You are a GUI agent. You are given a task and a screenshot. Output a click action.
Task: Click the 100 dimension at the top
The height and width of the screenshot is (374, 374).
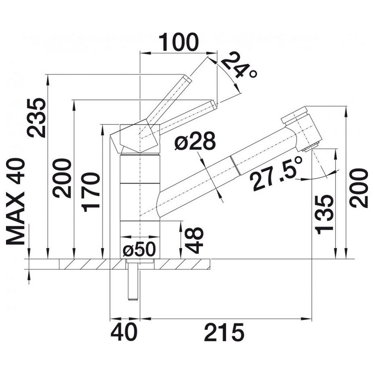[x=178, y=42]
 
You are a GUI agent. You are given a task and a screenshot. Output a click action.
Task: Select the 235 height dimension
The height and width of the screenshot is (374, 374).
[x=37, y=117]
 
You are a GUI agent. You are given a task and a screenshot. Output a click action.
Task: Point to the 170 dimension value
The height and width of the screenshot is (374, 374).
[x=91, y=192]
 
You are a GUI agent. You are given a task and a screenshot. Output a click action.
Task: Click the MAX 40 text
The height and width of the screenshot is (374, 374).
[x=15, y=201]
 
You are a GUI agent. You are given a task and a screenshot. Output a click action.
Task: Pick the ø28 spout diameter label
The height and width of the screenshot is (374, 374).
[x=195, y=141]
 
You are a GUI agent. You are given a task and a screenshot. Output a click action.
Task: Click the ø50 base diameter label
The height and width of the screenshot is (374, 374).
[x=139, y=249]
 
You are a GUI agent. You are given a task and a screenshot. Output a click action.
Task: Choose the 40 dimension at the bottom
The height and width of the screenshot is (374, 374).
[x=124, y=332]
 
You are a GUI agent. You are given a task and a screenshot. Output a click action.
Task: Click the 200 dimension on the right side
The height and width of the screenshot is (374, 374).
[x=359, y=188]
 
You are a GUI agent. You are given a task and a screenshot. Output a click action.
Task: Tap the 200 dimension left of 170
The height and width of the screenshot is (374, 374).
[x=62, y=178]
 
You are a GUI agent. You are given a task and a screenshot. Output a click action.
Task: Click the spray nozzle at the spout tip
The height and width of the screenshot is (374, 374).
[x=310, y=147]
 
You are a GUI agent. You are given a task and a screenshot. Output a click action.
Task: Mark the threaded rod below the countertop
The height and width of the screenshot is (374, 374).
[x=133, y=280]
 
